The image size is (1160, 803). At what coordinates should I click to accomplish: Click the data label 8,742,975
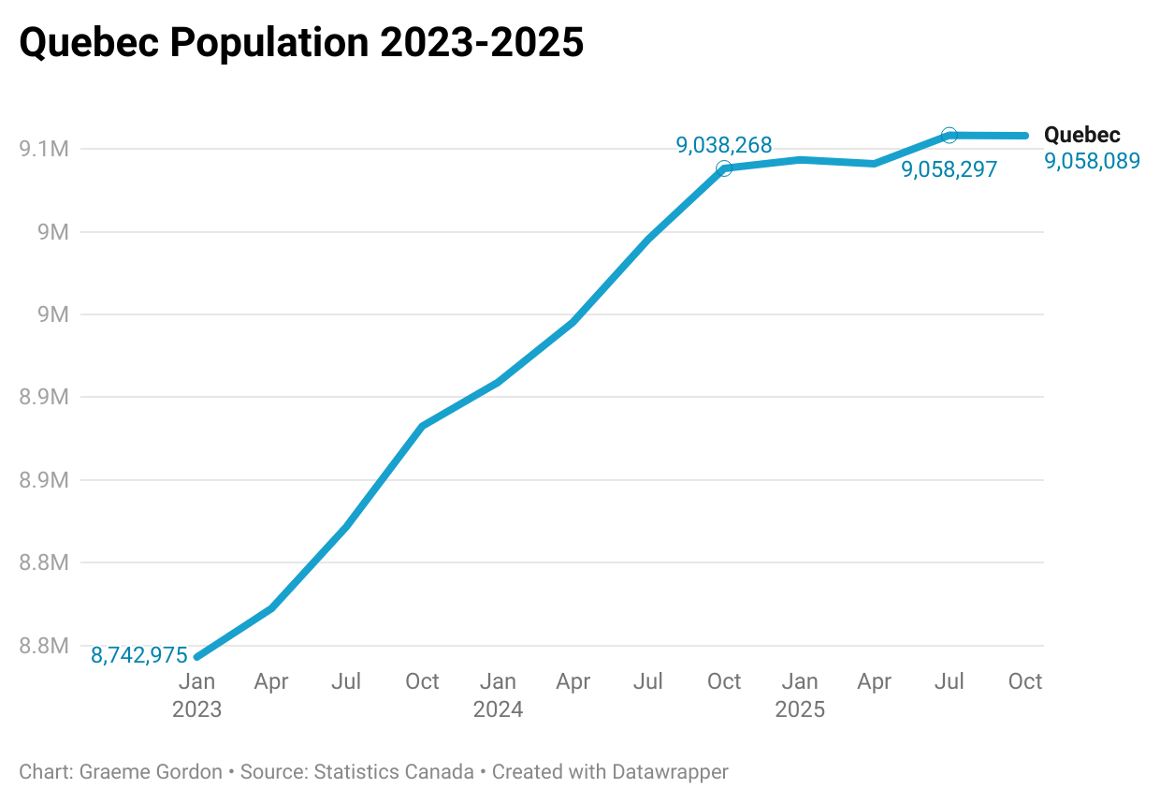tap(139, 655)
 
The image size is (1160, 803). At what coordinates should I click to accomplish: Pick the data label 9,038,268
tap(724, 145)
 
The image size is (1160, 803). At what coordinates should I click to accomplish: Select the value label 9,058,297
tap(949, 169)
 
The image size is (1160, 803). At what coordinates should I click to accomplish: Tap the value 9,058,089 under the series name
tap(1092, 161)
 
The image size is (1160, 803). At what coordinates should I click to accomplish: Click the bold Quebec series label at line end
tap(1081, 135)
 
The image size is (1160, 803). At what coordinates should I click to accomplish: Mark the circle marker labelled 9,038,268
tap(724, 168)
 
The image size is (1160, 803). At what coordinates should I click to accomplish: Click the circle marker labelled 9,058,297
tap(950, 136)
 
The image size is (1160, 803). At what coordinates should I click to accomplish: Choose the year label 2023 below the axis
tap(196, 709)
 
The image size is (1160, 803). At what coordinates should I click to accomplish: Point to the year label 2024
tap(498, 709)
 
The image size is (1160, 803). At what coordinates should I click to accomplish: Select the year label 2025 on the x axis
tap(800, 709)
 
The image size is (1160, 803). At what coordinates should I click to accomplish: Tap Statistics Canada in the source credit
tap(394, 772)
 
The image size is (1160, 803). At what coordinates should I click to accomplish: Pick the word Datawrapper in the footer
tap(670, 772)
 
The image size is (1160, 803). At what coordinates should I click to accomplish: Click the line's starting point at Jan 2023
tap(197, 656)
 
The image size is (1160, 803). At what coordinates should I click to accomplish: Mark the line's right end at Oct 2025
tap(1025, 136)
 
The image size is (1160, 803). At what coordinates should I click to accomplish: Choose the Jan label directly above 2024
tap(498, 681)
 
